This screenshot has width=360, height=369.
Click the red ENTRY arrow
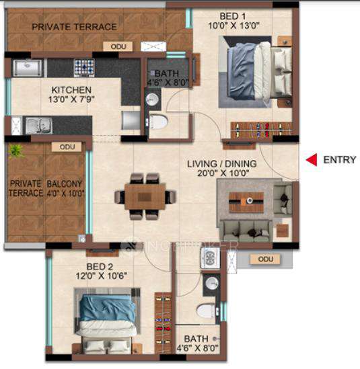tap(311, 160)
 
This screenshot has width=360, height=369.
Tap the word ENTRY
tap(339, 160)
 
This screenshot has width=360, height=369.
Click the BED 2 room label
tap(93, 266)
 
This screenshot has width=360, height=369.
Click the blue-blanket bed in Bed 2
tap(109, 315)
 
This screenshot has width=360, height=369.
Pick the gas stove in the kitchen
tap(84, 67)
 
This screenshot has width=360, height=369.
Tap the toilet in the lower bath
tap(207, 311)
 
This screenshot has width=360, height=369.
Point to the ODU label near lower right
tap(265, 259)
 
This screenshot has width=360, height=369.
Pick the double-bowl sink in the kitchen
tap(37, 125)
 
